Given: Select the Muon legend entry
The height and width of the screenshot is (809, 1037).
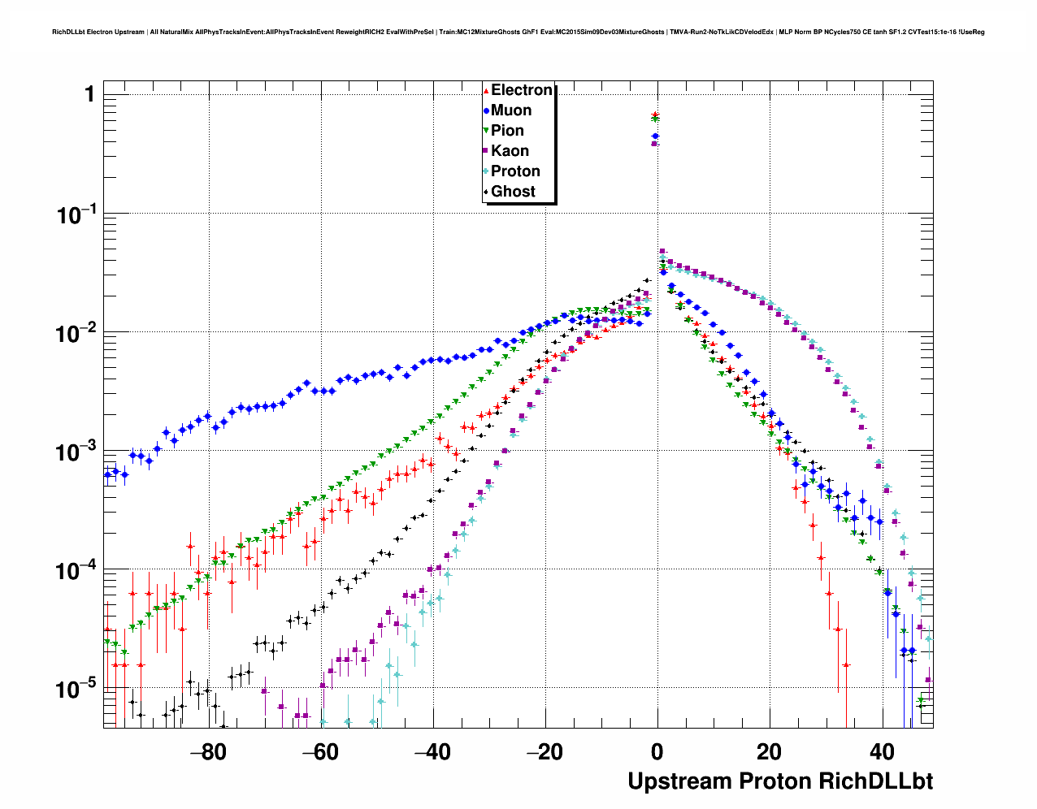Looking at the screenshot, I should tap(510, 110).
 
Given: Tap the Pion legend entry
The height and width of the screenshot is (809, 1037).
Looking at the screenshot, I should tap(507, 131).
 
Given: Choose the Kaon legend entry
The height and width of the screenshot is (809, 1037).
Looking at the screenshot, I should tap(510, 151).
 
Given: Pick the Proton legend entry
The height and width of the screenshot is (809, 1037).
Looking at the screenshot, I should tap(515, 171).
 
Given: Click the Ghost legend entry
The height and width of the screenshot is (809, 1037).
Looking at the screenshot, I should tap(513, 192).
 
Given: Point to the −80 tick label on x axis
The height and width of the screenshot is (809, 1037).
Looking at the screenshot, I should tap(207, 751).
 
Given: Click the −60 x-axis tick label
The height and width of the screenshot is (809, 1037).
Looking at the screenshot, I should tap(319, 751).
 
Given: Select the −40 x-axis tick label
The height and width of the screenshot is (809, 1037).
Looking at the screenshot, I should tap(432, 751).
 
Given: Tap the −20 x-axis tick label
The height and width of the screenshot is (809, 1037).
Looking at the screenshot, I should tap(544, 751).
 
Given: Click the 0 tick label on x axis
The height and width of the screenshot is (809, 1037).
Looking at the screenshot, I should tap(657, 751).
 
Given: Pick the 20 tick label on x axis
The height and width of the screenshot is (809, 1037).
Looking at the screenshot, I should tap(770, 751).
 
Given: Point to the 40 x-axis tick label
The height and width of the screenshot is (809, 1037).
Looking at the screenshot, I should tap(882, 751).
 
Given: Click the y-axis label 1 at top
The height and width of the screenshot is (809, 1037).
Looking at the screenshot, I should tap(89, 95).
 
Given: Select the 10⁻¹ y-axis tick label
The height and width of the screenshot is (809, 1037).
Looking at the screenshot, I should tap(76, 215).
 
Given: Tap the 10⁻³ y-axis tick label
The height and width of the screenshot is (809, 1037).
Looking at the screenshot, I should tap(76, 452).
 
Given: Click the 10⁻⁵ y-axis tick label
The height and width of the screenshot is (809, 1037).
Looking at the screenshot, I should tap(76, 690).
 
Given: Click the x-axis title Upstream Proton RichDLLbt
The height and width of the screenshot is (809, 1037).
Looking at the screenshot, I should tap(780, 781).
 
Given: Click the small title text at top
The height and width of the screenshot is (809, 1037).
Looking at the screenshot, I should tap(518, 32).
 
